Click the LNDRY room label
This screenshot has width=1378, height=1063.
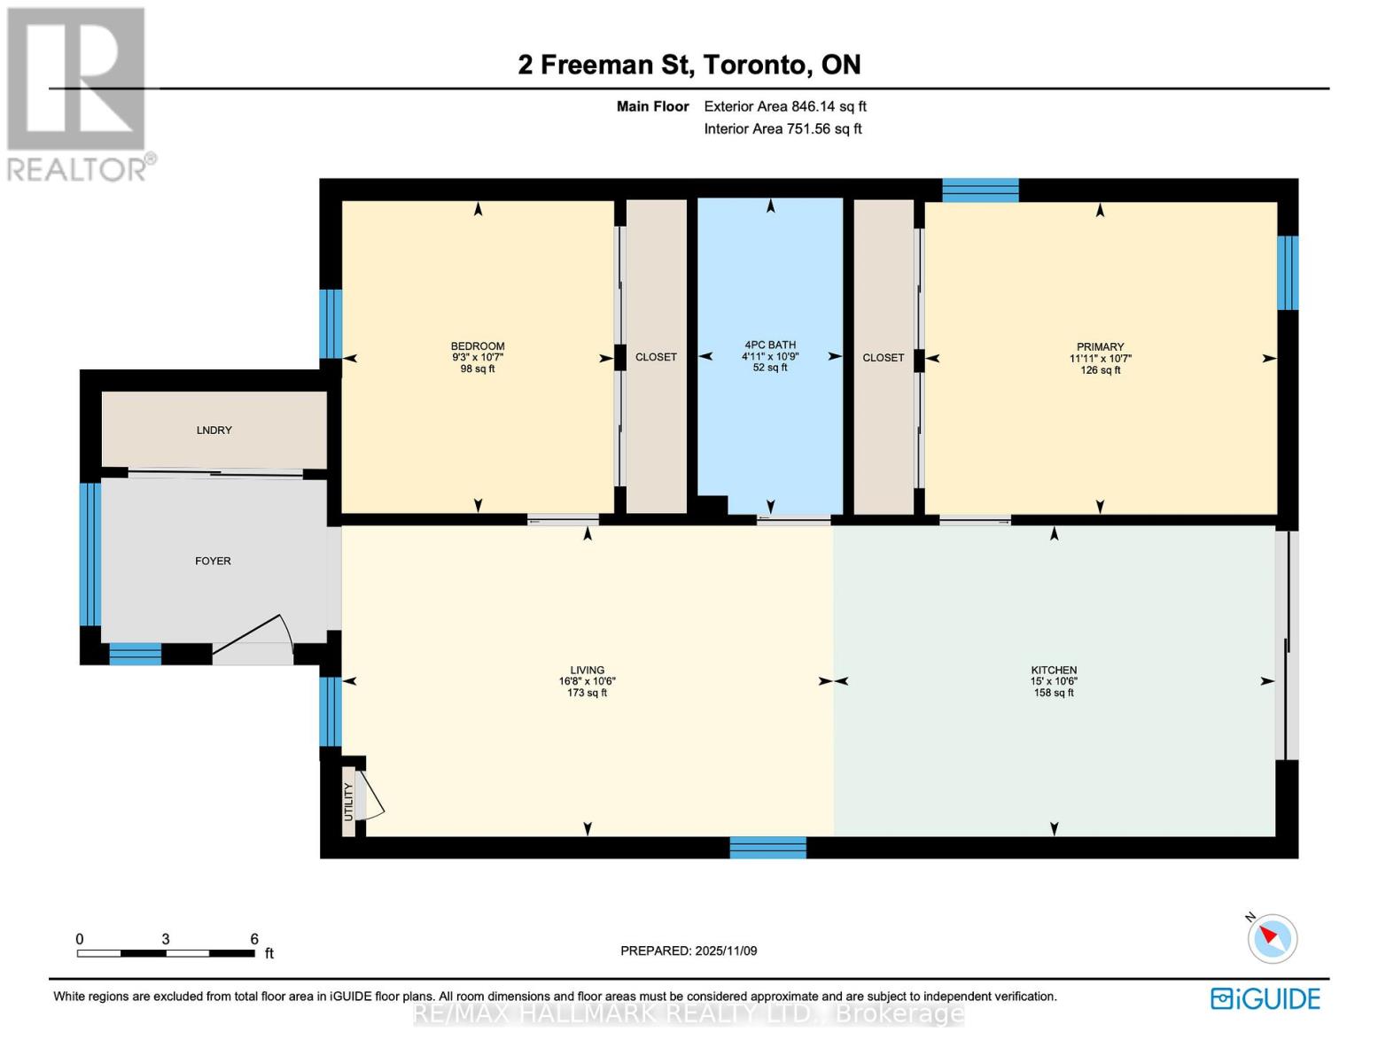(214, 431)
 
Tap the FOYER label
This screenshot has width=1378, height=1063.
(213, 561)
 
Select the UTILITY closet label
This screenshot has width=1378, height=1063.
(348, 802)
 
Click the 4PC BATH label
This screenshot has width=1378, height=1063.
(769, 345)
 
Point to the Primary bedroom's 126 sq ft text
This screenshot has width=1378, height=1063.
(1100, 370)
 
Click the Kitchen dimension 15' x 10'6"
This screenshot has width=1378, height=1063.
(1054, 681)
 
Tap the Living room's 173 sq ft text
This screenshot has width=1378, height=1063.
(587, 693)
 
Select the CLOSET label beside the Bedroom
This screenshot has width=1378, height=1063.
(656, 357)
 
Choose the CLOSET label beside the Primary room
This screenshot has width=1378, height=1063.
(883, 358)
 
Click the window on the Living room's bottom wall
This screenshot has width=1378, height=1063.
(767, 848)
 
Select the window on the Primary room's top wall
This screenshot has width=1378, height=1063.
(979, 190)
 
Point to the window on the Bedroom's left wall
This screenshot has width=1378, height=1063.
(331, 323)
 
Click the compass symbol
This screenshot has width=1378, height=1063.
(1273, 938)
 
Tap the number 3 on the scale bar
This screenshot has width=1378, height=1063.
(166, 939)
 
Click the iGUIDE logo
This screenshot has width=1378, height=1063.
(1265, 998)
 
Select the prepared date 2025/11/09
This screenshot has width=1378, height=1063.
(726, 950)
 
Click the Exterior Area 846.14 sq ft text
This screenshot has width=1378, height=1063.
(784, 106)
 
